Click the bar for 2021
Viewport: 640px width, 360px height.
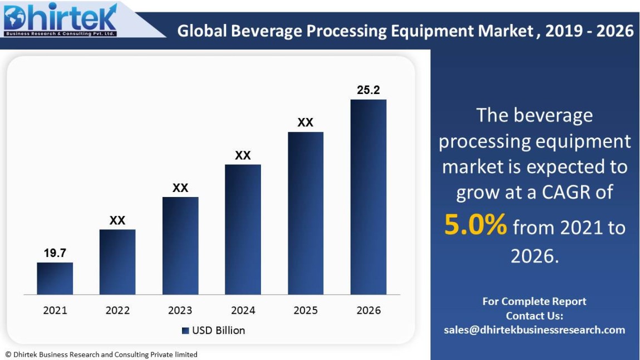55,278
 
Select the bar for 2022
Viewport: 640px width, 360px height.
117,262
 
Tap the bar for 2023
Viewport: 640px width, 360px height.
180,245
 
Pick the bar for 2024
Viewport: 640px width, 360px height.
243,229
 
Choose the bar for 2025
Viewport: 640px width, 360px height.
306,213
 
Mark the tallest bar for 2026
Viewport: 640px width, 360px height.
368,197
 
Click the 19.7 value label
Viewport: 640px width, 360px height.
55,253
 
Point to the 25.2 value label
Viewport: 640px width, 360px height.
368,90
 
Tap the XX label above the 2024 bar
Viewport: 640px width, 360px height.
243,155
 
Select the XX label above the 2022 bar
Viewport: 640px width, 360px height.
117,220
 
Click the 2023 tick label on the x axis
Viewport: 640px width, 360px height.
180,310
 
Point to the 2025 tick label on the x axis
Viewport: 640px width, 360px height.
306,310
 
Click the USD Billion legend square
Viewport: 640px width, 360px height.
185,331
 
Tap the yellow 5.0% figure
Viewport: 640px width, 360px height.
475,225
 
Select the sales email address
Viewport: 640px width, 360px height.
534,329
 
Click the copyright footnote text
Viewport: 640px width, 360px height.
101,354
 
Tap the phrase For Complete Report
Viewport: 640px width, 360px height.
534,301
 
